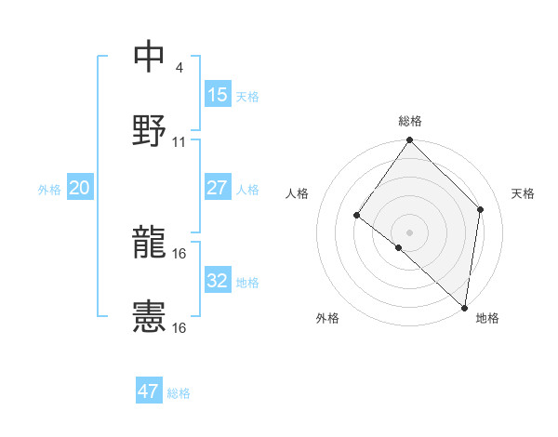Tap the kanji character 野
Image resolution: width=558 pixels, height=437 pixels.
(150, 131)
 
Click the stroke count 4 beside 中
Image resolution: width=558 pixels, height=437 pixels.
(179, 68)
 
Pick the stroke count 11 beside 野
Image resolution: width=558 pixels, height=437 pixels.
(179, 142)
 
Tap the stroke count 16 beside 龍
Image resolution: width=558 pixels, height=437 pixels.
(179, 254)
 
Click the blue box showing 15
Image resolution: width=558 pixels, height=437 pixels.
(217, 95)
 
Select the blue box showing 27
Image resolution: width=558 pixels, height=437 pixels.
(217, 188)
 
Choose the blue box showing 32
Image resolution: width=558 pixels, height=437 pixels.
(217, 281)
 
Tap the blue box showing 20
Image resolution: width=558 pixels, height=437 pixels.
(79, 188)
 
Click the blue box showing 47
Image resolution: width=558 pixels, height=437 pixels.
(148, 391)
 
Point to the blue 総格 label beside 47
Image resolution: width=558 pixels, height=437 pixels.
(179, 393)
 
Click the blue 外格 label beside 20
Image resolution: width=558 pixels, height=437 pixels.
(49, 190)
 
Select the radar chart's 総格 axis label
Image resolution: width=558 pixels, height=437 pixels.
(410, 121)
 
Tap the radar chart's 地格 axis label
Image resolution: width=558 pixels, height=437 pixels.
(487, 318)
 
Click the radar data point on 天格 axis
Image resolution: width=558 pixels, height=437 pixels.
(481, 209)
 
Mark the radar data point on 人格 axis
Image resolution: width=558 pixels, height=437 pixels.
(357, 216)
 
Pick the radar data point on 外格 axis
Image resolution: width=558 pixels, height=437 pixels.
(399, 247)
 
